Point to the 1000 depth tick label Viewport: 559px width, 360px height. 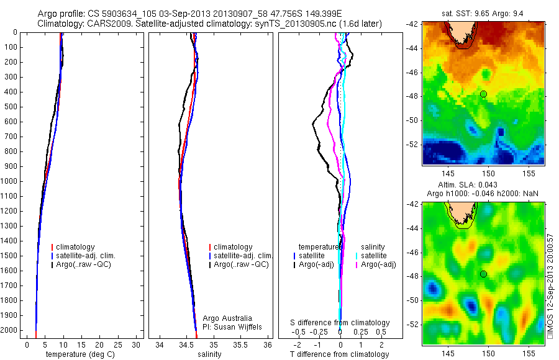click(11, 181)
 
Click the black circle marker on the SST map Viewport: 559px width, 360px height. click(483, 94)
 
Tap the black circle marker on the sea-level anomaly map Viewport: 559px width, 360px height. click(483, 274)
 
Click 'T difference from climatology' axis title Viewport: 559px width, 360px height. click(339, 354)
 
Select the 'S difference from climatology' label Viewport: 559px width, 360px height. click(340, 323)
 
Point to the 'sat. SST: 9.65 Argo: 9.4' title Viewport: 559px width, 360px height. click(483, 13)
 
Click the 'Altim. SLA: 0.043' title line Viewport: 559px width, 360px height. click(483, 185)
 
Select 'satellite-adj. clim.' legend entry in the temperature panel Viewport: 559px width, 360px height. click(90, 256)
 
